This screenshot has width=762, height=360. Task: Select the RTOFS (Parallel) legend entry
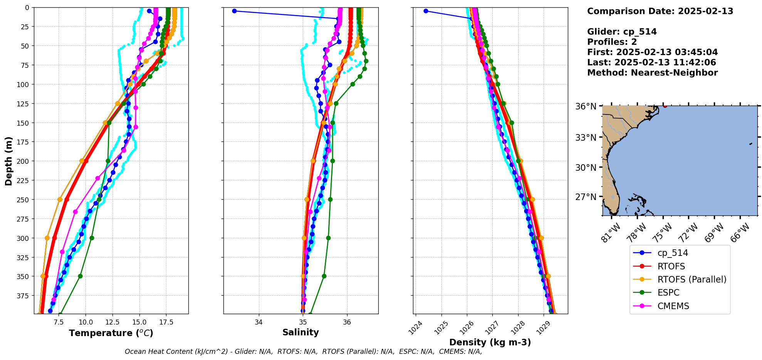[692, 279]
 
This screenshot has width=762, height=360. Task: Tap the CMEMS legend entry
[673, 306]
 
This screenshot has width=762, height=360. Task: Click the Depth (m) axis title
[8, 161]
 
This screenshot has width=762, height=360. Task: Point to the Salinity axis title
[300, 332]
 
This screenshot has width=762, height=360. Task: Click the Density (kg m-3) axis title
[490, 342]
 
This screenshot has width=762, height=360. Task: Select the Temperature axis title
[111, 333]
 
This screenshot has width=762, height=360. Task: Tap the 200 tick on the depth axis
[24, 161]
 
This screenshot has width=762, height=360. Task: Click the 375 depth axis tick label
[24, 296]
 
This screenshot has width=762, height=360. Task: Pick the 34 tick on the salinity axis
[258, 322]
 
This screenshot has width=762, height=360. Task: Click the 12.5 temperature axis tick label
[112, 322]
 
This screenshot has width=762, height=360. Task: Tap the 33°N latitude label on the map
[586, 138]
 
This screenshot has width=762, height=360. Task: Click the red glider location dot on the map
[665, 106]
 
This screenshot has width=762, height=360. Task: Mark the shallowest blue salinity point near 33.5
[234, 11]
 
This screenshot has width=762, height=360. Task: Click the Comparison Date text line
[660, 11]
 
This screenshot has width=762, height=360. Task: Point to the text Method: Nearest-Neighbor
[652, 73]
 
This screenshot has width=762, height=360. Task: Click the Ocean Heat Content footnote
[303, 352]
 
